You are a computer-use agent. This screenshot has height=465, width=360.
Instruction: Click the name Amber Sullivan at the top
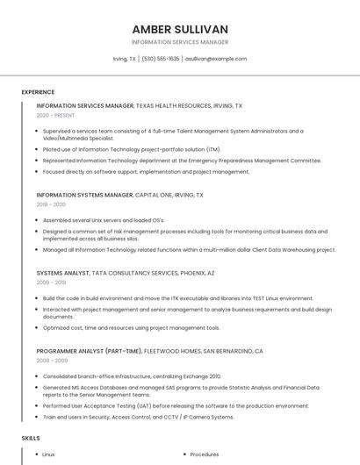pyautogui.click(x=180, y=29)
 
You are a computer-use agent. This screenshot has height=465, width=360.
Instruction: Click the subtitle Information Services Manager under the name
pyautogui.click(x=180, y=42)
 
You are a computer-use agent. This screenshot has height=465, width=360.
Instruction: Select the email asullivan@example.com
pyautogui.click(x=216, y=59)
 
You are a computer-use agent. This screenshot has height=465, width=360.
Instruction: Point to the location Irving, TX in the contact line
pyautogui.click(x=124, y=59)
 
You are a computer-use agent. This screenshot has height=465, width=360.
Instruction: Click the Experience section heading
pyautogui.click(x=38, y=91)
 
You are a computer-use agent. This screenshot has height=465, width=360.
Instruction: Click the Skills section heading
pyautogui.click(x=30, y=436)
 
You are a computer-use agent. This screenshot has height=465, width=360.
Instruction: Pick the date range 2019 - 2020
pyautogui.click(x=51, y=204)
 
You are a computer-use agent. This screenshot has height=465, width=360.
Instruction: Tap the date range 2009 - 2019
pyautogui.click(x=51, y=283)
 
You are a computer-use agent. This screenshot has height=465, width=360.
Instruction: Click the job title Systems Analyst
pyautogui.click(x=62, y=273)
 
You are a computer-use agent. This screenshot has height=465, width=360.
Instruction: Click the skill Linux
pyautogui.click(x=48, y=454)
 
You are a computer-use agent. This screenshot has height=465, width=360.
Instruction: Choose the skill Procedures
pyautogui.click(x=205, y=454)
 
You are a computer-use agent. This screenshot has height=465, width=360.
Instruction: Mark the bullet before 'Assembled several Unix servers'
pyautogui.click(x=34, y=219)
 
